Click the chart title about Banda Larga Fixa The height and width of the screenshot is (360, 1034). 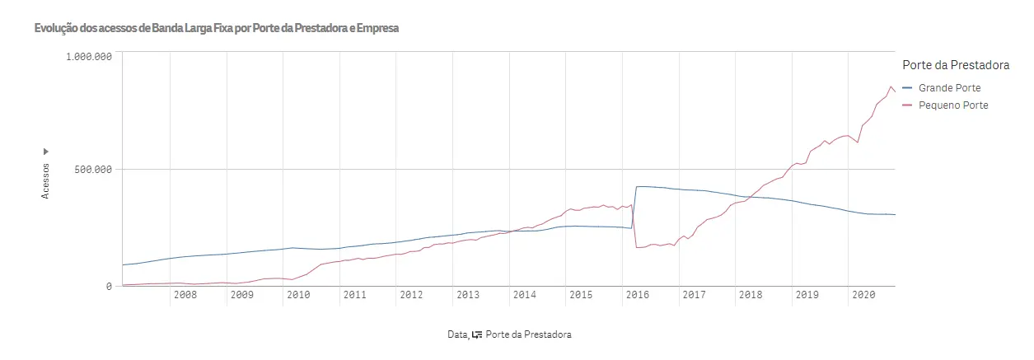tap(217, 28)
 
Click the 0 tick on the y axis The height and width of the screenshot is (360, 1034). tap(108, 287)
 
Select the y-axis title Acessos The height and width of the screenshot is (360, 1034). tap(46, 180)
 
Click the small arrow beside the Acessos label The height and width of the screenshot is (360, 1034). tap(46, 152)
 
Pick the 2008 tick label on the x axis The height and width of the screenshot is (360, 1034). tap(185, 295)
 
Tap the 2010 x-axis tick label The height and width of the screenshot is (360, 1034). tap(297, 295)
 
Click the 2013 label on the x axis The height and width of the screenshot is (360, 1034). tap(467, 295)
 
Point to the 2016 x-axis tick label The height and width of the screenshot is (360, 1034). tap(637, 295)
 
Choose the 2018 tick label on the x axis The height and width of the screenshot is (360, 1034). tap(750, 295)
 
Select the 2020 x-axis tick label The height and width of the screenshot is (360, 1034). tap(863, 295)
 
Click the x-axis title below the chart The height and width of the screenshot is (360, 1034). tap(509, 334)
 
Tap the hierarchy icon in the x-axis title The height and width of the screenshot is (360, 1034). tap(477, 334)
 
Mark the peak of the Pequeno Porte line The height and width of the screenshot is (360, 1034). tap(890, 86)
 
